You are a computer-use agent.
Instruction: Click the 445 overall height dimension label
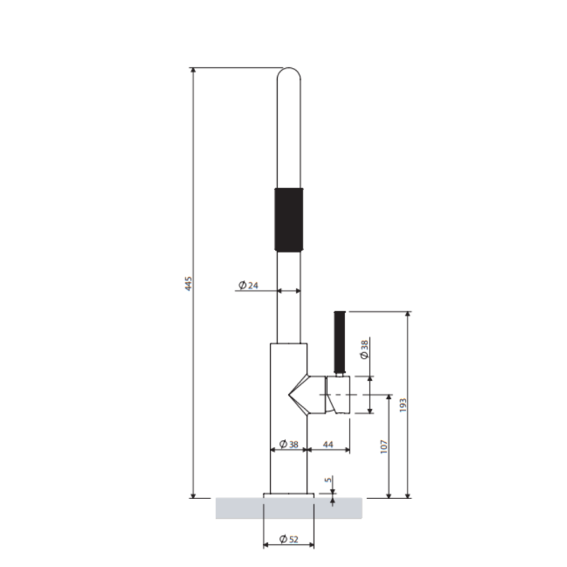pos(189,284)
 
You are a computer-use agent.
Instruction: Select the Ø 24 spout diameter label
pos(249,286)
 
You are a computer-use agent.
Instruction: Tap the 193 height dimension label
pos(403,405)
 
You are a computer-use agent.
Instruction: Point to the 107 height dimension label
pos(384,447)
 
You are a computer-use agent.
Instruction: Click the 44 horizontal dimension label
pos(327,444)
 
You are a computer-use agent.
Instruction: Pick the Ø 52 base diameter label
pos(288,539)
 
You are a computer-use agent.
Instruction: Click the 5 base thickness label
pos(328,480)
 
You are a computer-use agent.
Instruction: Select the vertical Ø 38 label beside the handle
pos(364,349)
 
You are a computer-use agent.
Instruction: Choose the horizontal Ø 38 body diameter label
pos(288,444)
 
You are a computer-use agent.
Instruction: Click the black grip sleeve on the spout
pos(288,220)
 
